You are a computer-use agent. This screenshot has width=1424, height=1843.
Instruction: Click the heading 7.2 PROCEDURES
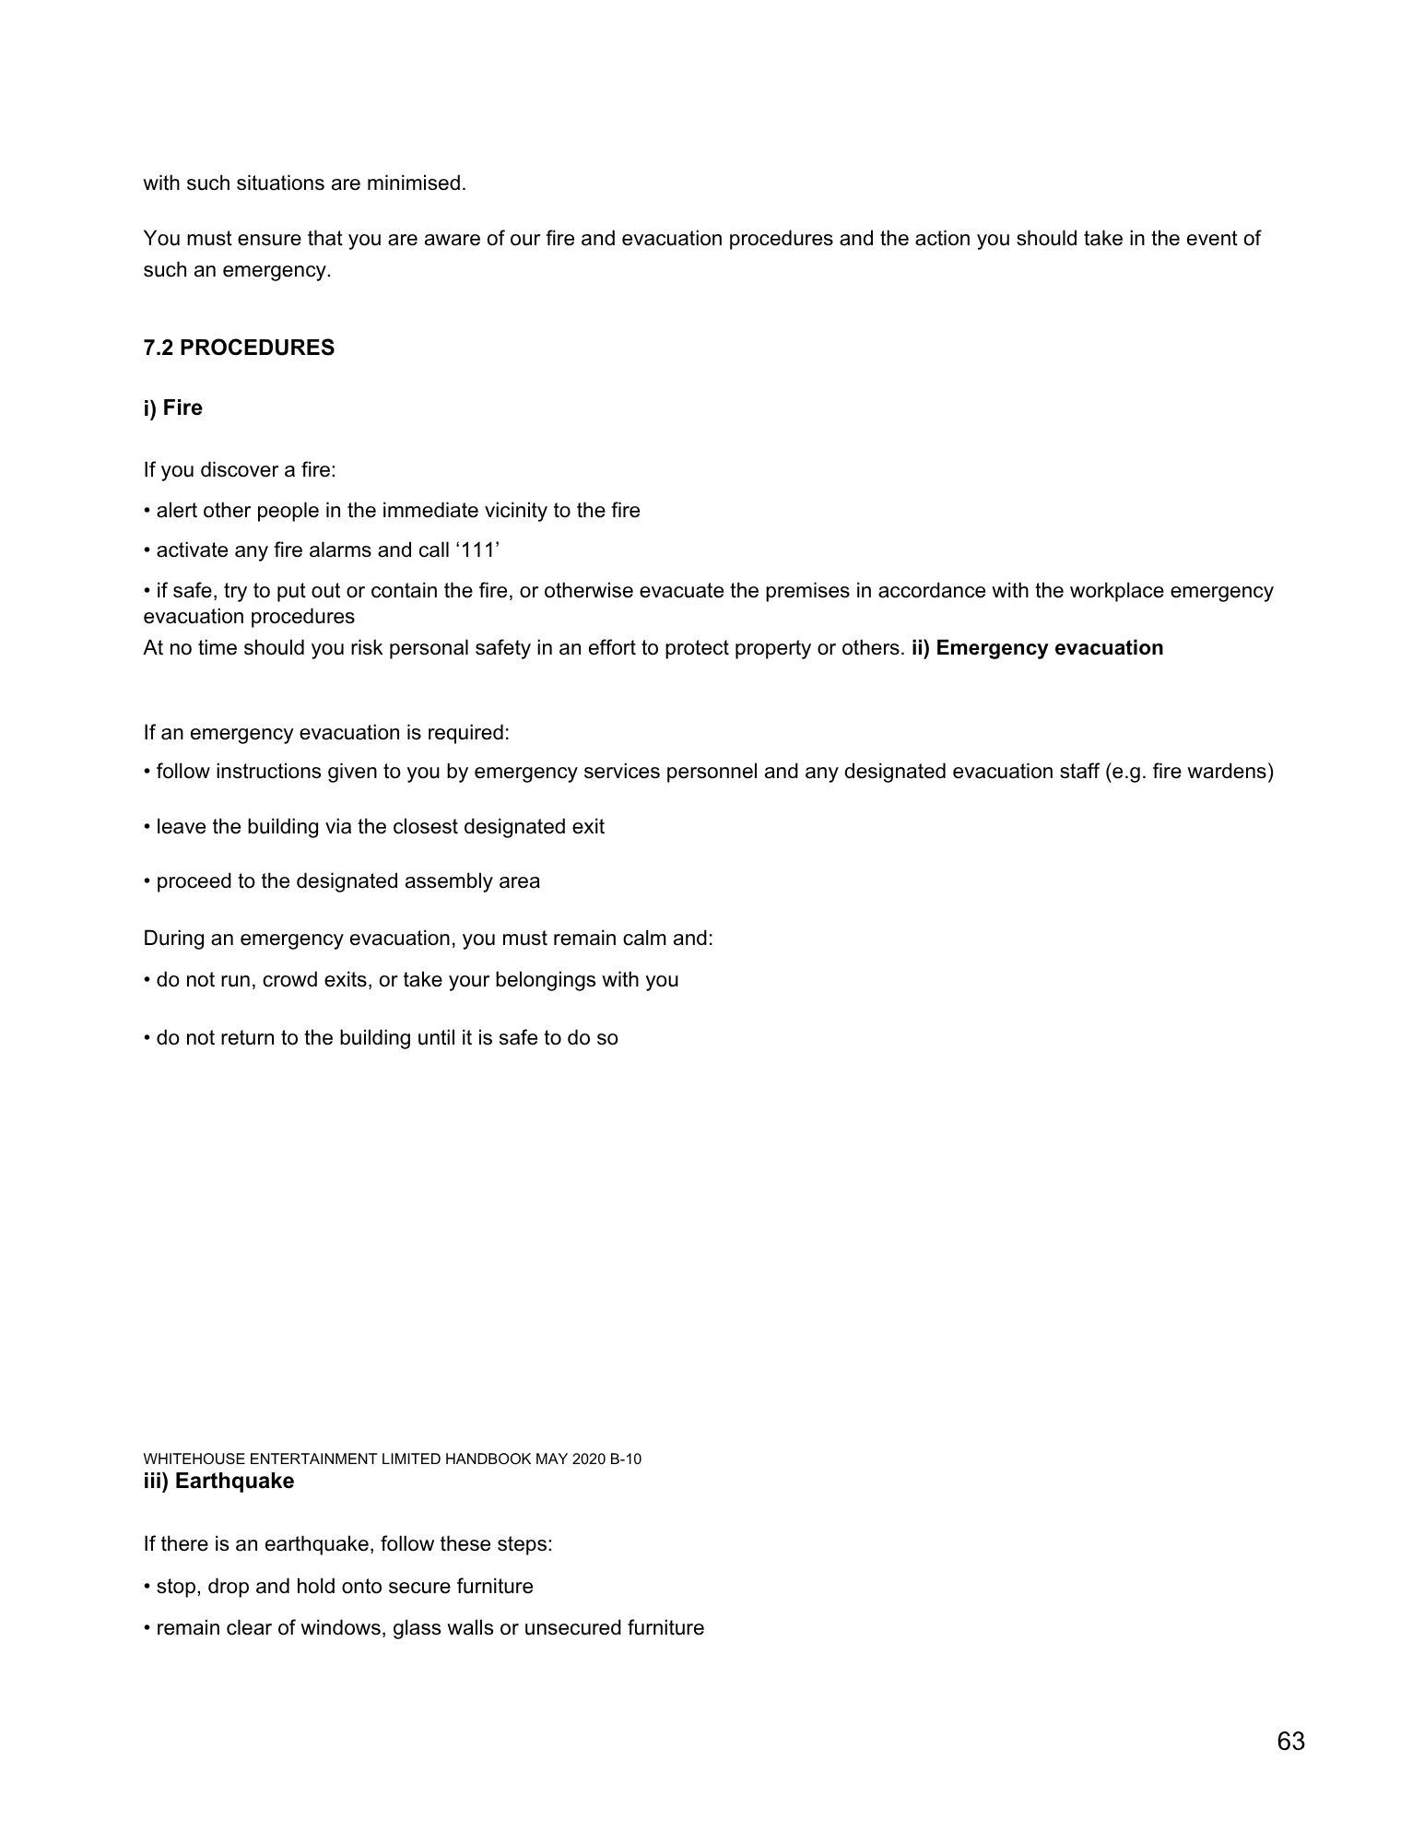[x=239, y=349]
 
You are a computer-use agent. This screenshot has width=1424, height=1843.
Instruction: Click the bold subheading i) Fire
[x=172, y=408]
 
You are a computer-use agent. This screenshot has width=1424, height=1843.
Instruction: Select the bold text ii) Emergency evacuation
[x=1037, y=648]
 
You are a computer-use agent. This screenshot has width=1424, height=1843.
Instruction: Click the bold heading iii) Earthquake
[x=218, y=1481]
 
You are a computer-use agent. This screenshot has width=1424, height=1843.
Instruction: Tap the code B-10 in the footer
[x=626, y=1459]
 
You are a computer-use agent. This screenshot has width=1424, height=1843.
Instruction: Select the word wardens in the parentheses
[x=1232, y=772]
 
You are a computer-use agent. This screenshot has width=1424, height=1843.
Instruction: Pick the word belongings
[x=546, y=980]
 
